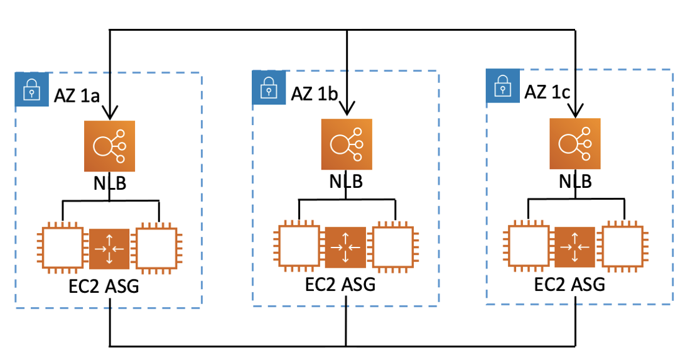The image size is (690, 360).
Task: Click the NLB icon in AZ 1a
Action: [109, 146]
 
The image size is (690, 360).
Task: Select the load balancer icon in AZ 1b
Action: [347, 144]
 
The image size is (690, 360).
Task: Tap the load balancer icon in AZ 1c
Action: [575, 143]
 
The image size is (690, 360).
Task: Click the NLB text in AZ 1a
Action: [109, 184]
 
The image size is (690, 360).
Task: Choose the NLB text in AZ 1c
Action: [575, 182]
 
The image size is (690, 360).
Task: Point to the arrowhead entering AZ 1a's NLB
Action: [110, 115]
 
